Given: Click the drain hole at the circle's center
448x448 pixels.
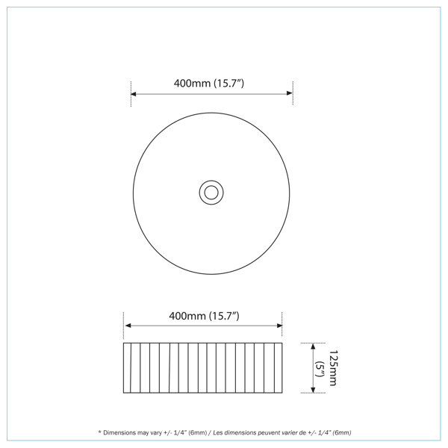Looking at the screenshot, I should (211, 193).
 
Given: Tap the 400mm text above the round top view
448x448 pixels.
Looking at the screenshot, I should (191, 83).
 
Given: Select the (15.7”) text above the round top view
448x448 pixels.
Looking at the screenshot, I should (231, 83).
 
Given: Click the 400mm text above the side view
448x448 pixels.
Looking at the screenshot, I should (187, 316).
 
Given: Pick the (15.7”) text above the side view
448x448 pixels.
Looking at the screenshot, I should (225, 316).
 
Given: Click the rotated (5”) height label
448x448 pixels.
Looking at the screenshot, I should (319, 368).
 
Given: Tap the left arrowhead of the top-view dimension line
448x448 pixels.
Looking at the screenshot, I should (134, 94).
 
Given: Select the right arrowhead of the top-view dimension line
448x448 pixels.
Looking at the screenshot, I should (290, 94).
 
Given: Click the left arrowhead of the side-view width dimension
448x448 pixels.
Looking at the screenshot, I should (127, 326).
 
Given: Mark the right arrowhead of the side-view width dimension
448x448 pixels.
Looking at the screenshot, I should (280, 326).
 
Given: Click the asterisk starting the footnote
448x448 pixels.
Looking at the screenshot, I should (99, 432).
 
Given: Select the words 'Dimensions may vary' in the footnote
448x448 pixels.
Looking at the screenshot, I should (128, 432).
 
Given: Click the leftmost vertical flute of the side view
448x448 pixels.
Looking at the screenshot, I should (129, 368).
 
